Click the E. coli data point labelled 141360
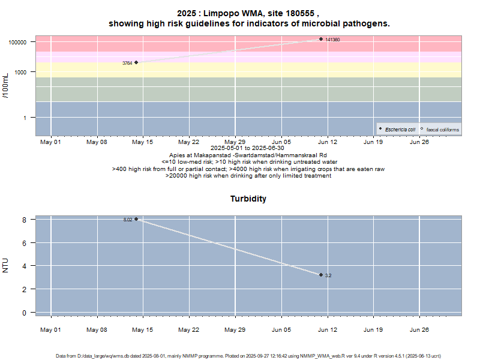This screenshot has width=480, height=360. pyautogui.click(x=321, y=39)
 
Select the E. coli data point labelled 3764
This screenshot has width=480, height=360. pyautogui.click(x=136, y=62)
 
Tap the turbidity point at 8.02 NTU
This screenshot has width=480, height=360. pyautogui.click(x=136, y=219)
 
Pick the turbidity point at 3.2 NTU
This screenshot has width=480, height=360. pyautogui.click(x=321, y=275)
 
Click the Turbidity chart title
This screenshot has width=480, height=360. pyautogui.click(x=248, y=199)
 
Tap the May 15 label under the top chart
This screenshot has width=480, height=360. pyautogui.click(x=142, y=142)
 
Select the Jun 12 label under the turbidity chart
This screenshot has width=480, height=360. pyautogui.click(x=327, y=329)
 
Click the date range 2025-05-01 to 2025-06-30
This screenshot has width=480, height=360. pyautogui.click(x=248, y=148)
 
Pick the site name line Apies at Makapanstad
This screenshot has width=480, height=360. pyautogui.click(x=248, y=155)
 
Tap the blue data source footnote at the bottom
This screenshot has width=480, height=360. pyautogui.click(x=248, y=356)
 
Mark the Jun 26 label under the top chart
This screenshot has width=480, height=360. pyautogui.click(x=419, y=142)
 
